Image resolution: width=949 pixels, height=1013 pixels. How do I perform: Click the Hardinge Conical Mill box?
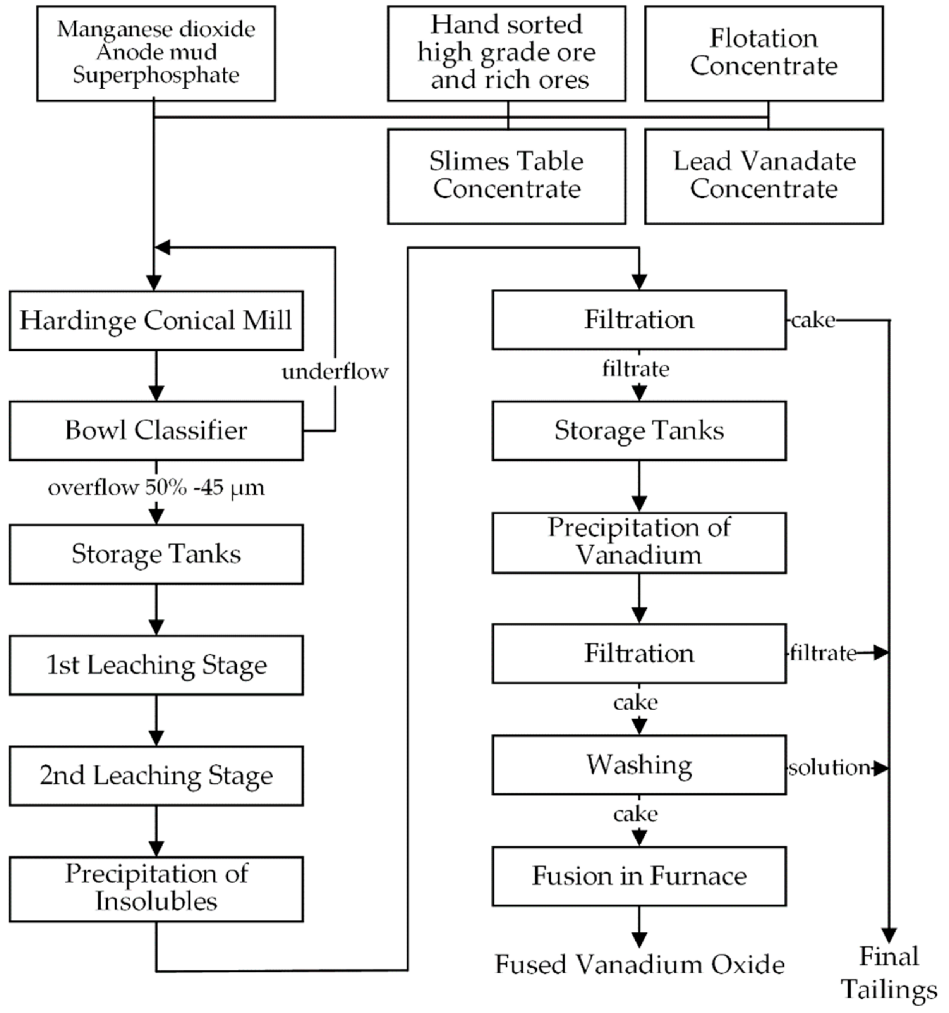click(156, 320)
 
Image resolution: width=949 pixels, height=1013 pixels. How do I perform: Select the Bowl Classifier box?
click(156, 431)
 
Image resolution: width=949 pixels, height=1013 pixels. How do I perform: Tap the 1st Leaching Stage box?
click(156, 665)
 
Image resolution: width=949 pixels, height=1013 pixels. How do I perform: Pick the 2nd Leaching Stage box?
click(156, 776)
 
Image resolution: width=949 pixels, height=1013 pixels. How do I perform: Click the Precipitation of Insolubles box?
click(156, 889)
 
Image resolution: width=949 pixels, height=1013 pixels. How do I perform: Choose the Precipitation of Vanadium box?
click(639, 542)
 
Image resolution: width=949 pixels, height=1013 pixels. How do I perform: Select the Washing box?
click(639, 764)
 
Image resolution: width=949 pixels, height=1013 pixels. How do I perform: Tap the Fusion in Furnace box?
click(639, 876)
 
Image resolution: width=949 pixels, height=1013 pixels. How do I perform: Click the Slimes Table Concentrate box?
click(506, 176)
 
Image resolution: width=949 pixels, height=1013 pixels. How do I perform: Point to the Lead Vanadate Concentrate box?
click(764, 176)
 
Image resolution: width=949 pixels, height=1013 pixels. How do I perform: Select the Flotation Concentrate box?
click(764, 53)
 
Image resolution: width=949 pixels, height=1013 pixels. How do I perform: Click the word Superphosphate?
click(156, 76)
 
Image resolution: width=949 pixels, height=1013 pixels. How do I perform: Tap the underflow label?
click(335, 372)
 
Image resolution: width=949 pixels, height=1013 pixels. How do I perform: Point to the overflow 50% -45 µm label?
click(156, 488)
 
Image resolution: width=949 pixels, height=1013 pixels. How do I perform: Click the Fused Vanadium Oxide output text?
click(639, 965)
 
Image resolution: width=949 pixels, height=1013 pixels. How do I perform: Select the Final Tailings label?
click(889, 973)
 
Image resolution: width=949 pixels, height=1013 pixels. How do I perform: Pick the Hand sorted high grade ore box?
click(506, 53)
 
